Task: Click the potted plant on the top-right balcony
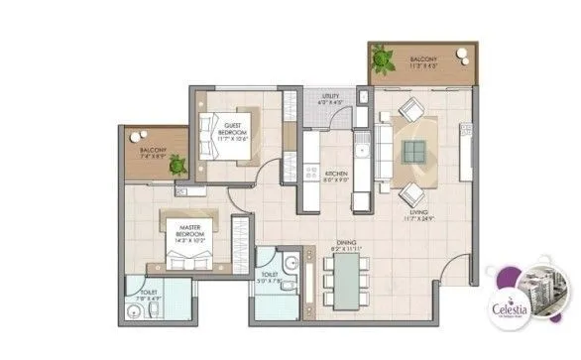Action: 382,62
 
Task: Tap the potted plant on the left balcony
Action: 177,166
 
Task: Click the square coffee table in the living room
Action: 414,151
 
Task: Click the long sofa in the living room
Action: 384,149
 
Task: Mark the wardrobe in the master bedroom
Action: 238,240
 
